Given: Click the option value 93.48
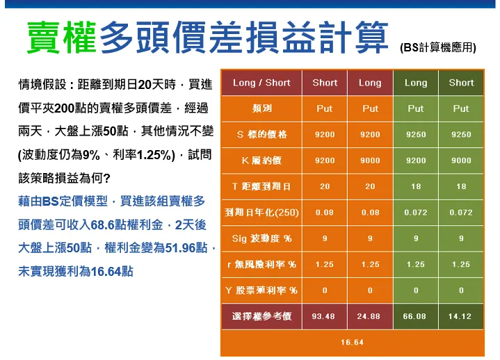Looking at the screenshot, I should pos(324,316).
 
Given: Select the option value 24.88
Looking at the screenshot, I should pos(370,316).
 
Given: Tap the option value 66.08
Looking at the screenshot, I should pos(415,316).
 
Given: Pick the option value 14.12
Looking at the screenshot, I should pos(461,316).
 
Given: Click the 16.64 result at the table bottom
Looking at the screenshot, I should pos(352,343).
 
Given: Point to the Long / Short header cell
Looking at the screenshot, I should pos(261,83).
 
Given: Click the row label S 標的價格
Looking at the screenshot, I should pos(261,134).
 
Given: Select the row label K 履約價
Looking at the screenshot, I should pos(261,161).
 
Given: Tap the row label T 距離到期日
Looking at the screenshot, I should pos(261,186).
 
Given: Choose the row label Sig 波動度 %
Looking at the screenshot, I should pos(261,238).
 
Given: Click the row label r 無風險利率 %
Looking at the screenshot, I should pos(261,264).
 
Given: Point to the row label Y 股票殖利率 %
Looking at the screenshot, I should pos(261,291).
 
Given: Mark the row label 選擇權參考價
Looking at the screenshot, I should pos(261,316).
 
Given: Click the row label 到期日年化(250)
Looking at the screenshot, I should pos(261,212).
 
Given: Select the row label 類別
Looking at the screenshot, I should pos(261,108).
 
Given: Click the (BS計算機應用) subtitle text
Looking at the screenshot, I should pos(438,48).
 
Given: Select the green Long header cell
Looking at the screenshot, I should pos(415,83).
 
